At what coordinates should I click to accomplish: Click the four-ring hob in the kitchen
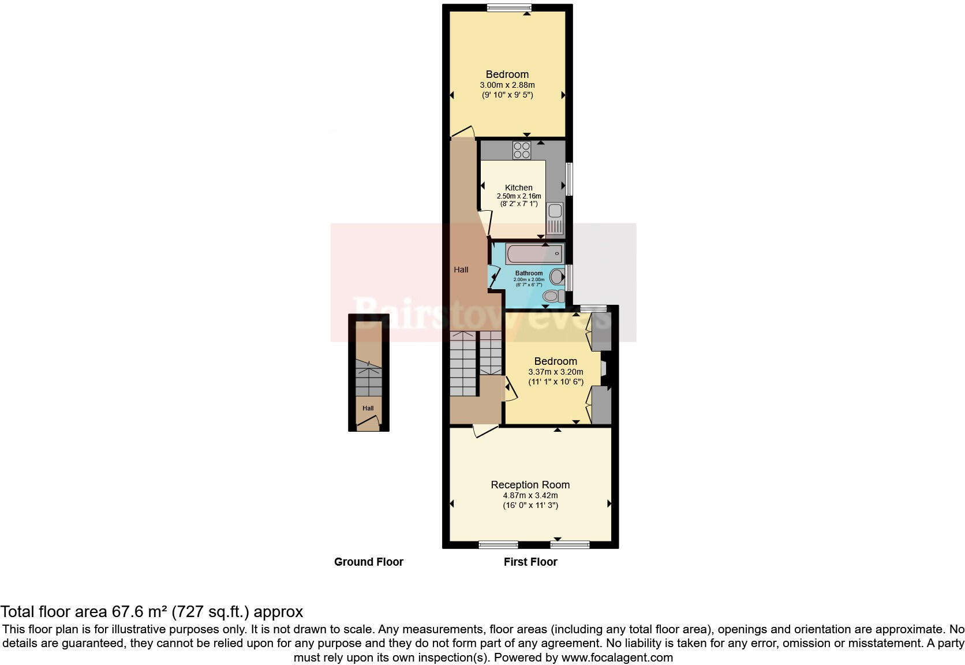[x=522, y=150]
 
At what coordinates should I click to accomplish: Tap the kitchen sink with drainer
[x=555, y=219]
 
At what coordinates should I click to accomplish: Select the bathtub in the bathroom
[x=533, y=253]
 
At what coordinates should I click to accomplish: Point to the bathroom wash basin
[x=557, y=277]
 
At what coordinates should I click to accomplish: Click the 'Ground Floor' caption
[x=368, y=562]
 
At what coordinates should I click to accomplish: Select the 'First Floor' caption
[x=530, y=562]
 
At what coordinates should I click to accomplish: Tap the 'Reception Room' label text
[x=530, y=485]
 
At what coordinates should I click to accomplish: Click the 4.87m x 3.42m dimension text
[x=530, y=495]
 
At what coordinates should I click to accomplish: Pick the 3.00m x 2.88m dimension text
[x=507, y=85]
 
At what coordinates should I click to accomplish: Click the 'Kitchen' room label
[x=518, y=188]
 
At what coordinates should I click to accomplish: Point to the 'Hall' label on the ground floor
[x=368, y=408]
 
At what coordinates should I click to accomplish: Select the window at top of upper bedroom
[x=508, y=8]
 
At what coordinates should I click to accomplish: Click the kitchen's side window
[x=569, y=179]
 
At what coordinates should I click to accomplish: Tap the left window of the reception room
[x=498, y=544]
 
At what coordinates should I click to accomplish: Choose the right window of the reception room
[x=570, y=544]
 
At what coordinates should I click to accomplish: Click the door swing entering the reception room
[x=485, y=431]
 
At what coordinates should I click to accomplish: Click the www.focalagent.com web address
[x=616, y=657]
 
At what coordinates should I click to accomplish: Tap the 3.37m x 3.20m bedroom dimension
[x=555, y=372]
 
